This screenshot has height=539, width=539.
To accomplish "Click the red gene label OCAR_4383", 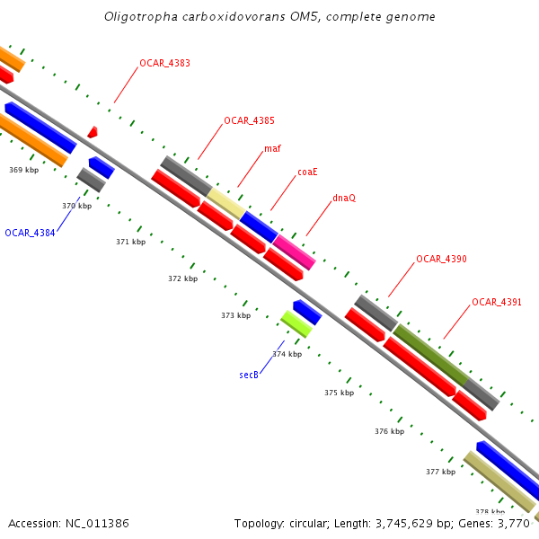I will (x=164, y=64).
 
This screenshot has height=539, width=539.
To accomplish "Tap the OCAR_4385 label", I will (x=249, y=120).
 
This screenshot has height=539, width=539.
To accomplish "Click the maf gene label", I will (x=271, y=148).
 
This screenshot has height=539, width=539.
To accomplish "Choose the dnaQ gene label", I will (x=343, y=198).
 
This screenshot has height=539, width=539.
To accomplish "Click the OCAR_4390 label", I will (x=441, y=259).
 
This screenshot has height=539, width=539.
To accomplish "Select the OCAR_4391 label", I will (x=497, y=302).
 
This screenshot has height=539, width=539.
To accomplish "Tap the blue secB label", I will (x=249, y=374).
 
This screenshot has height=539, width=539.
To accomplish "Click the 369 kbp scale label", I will (x=24, y=170).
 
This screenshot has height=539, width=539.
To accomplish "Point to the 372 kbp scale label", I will (x=182, y=278).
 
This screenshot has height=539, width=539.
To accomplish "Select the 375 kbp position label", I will (x=340, y=393).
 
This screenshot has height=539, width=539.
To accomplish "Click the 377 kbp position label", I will (x=441, y=471).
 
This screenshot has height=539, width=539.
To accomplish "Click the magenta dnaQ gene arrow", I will (x=294, y=252).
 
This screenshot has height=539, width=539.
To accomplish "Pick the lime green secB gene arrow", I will (x=296, y=323).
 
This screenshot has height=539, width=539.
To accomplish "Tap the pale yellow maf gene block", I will (x=225, y=203).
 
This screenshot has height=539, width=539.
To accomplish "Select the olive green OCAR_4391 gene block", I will (x=431, y=356).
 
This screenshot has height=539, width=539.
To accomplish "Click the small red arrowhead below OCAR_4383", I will (x=93, y=133).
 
